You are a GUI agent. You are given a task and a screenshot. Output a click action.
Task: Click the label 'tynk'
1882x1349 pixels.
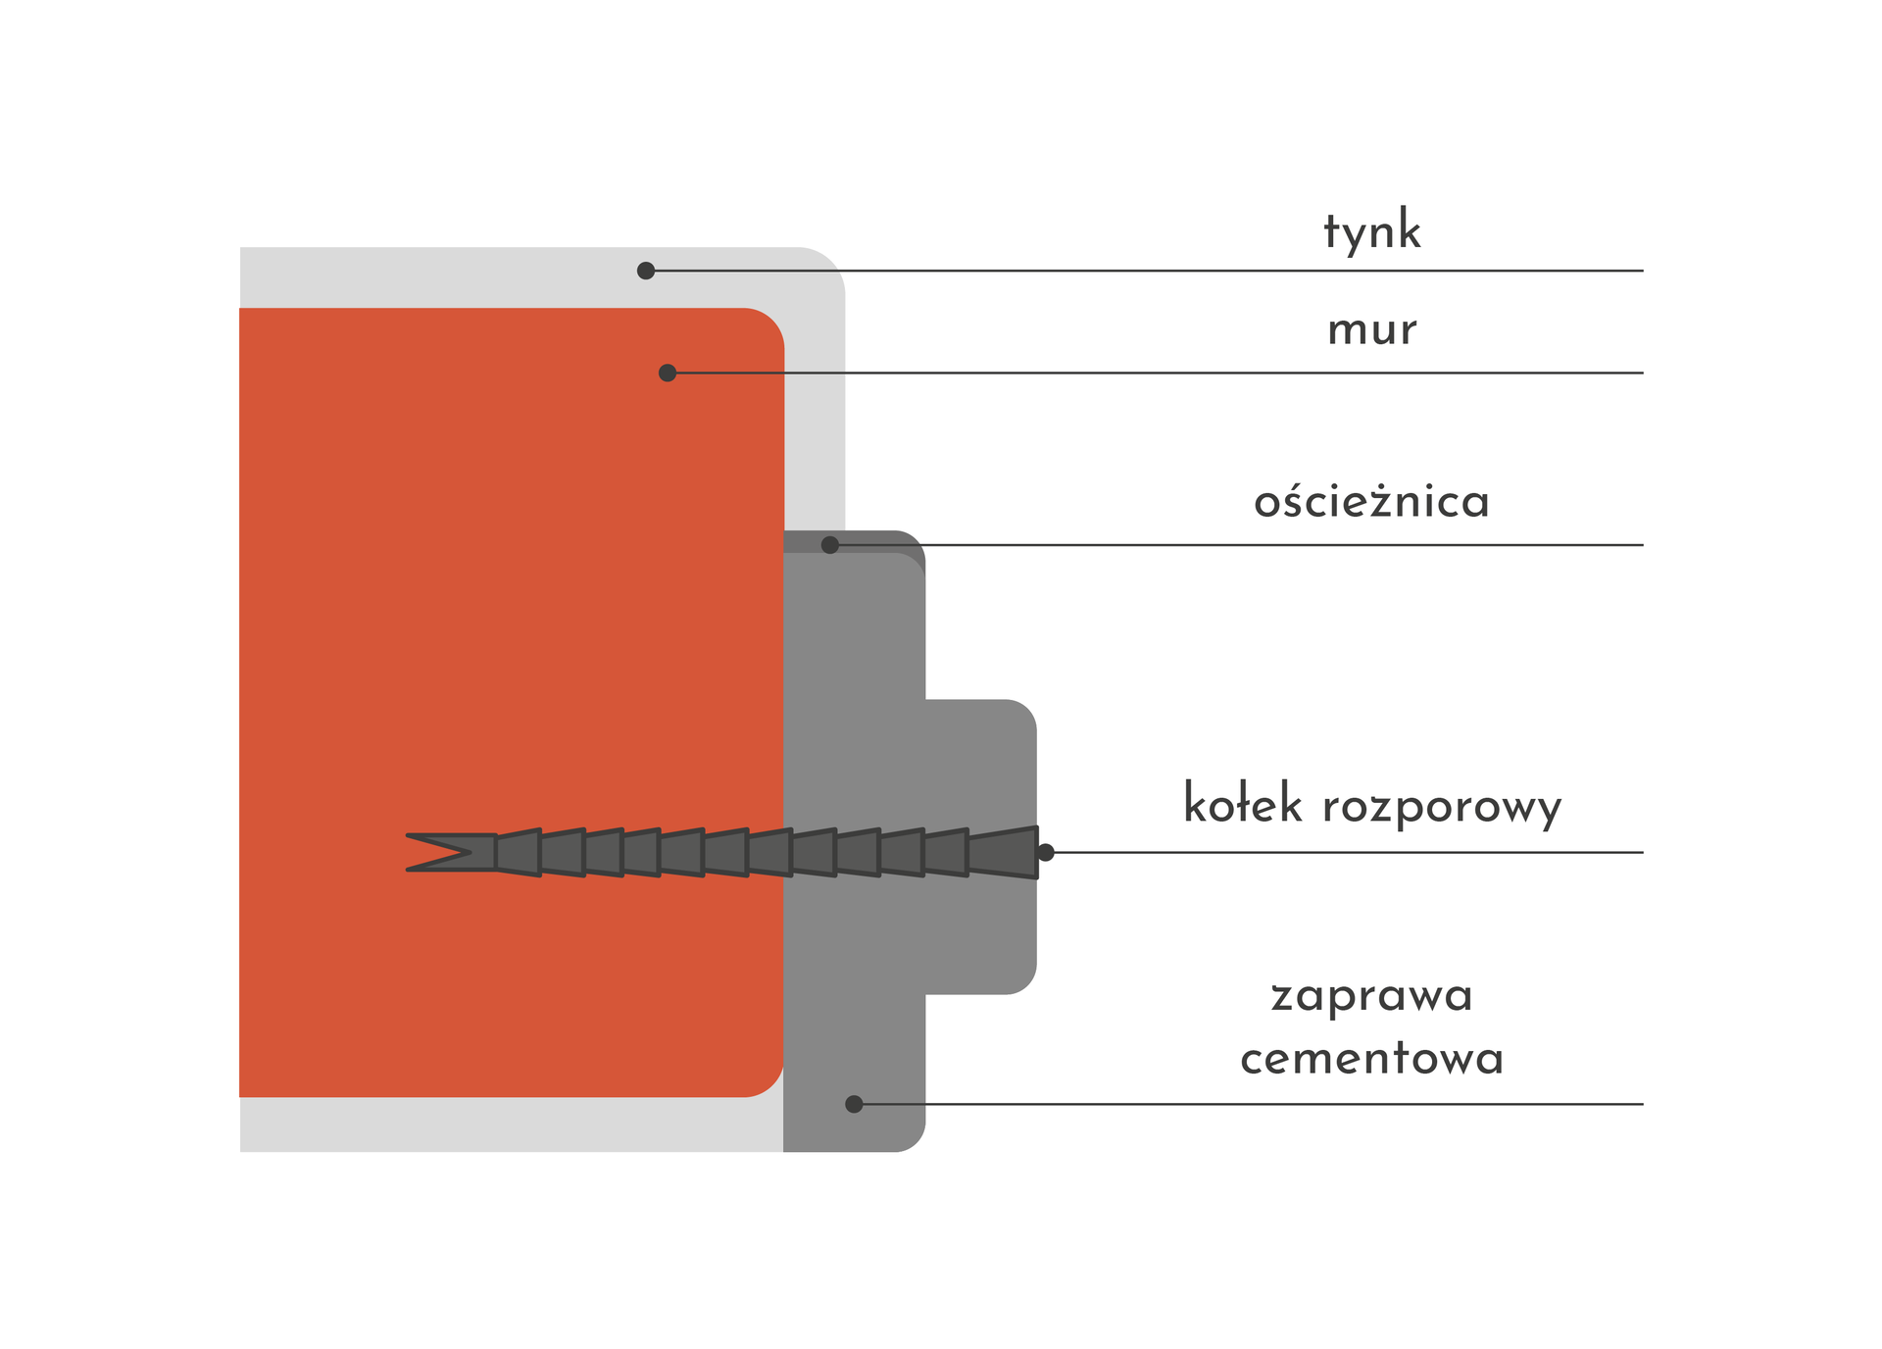pos(1371,231)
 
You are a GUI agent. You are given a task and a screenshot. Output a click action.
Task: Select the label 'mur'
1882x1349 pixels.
pos(1371,330)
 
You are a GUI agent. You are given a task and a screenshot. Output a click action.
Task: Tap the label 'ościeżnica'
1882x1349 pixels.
pos(1371,502)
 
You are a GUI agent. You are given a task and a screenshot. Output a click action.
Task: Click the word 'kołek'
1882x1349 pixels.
pos(1243,805)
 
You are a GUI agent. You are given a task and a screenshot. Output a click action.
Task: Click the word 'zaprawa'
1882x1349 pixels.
pos(1371,996)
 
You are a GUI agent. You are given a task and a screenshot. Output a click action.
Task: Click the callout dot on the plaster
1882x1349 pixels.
pos(646,271)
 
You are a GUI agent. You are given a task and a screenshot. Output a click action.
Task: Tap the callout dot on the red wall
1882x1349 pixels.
pos(668,373)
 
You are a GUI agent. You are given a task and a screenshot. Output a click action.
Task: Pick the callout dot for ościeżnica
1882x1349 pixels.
pos(830,545)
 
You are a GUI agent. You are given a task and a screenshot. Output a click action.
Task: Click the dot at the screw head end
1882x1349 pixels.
pos(1046,852)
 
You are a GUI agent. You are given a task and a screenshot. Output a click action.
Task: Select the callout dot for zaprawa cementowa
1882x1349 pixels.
pos(854,1104)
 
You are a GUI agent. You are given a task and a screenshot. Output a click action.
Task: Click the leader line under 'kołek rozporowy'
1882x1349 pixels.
pos(1372,853)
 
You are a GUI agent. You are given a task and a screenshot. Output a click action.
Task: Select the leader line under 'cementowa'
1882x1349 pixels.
pos(1274,1104)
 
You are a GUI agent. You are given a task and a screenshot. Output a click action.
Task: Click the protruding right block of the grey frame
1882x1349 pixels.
pos(980,765)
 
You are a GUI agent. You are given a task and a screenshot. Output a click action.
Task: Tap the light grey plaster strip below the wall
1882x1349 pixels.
pos(510,1124)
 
